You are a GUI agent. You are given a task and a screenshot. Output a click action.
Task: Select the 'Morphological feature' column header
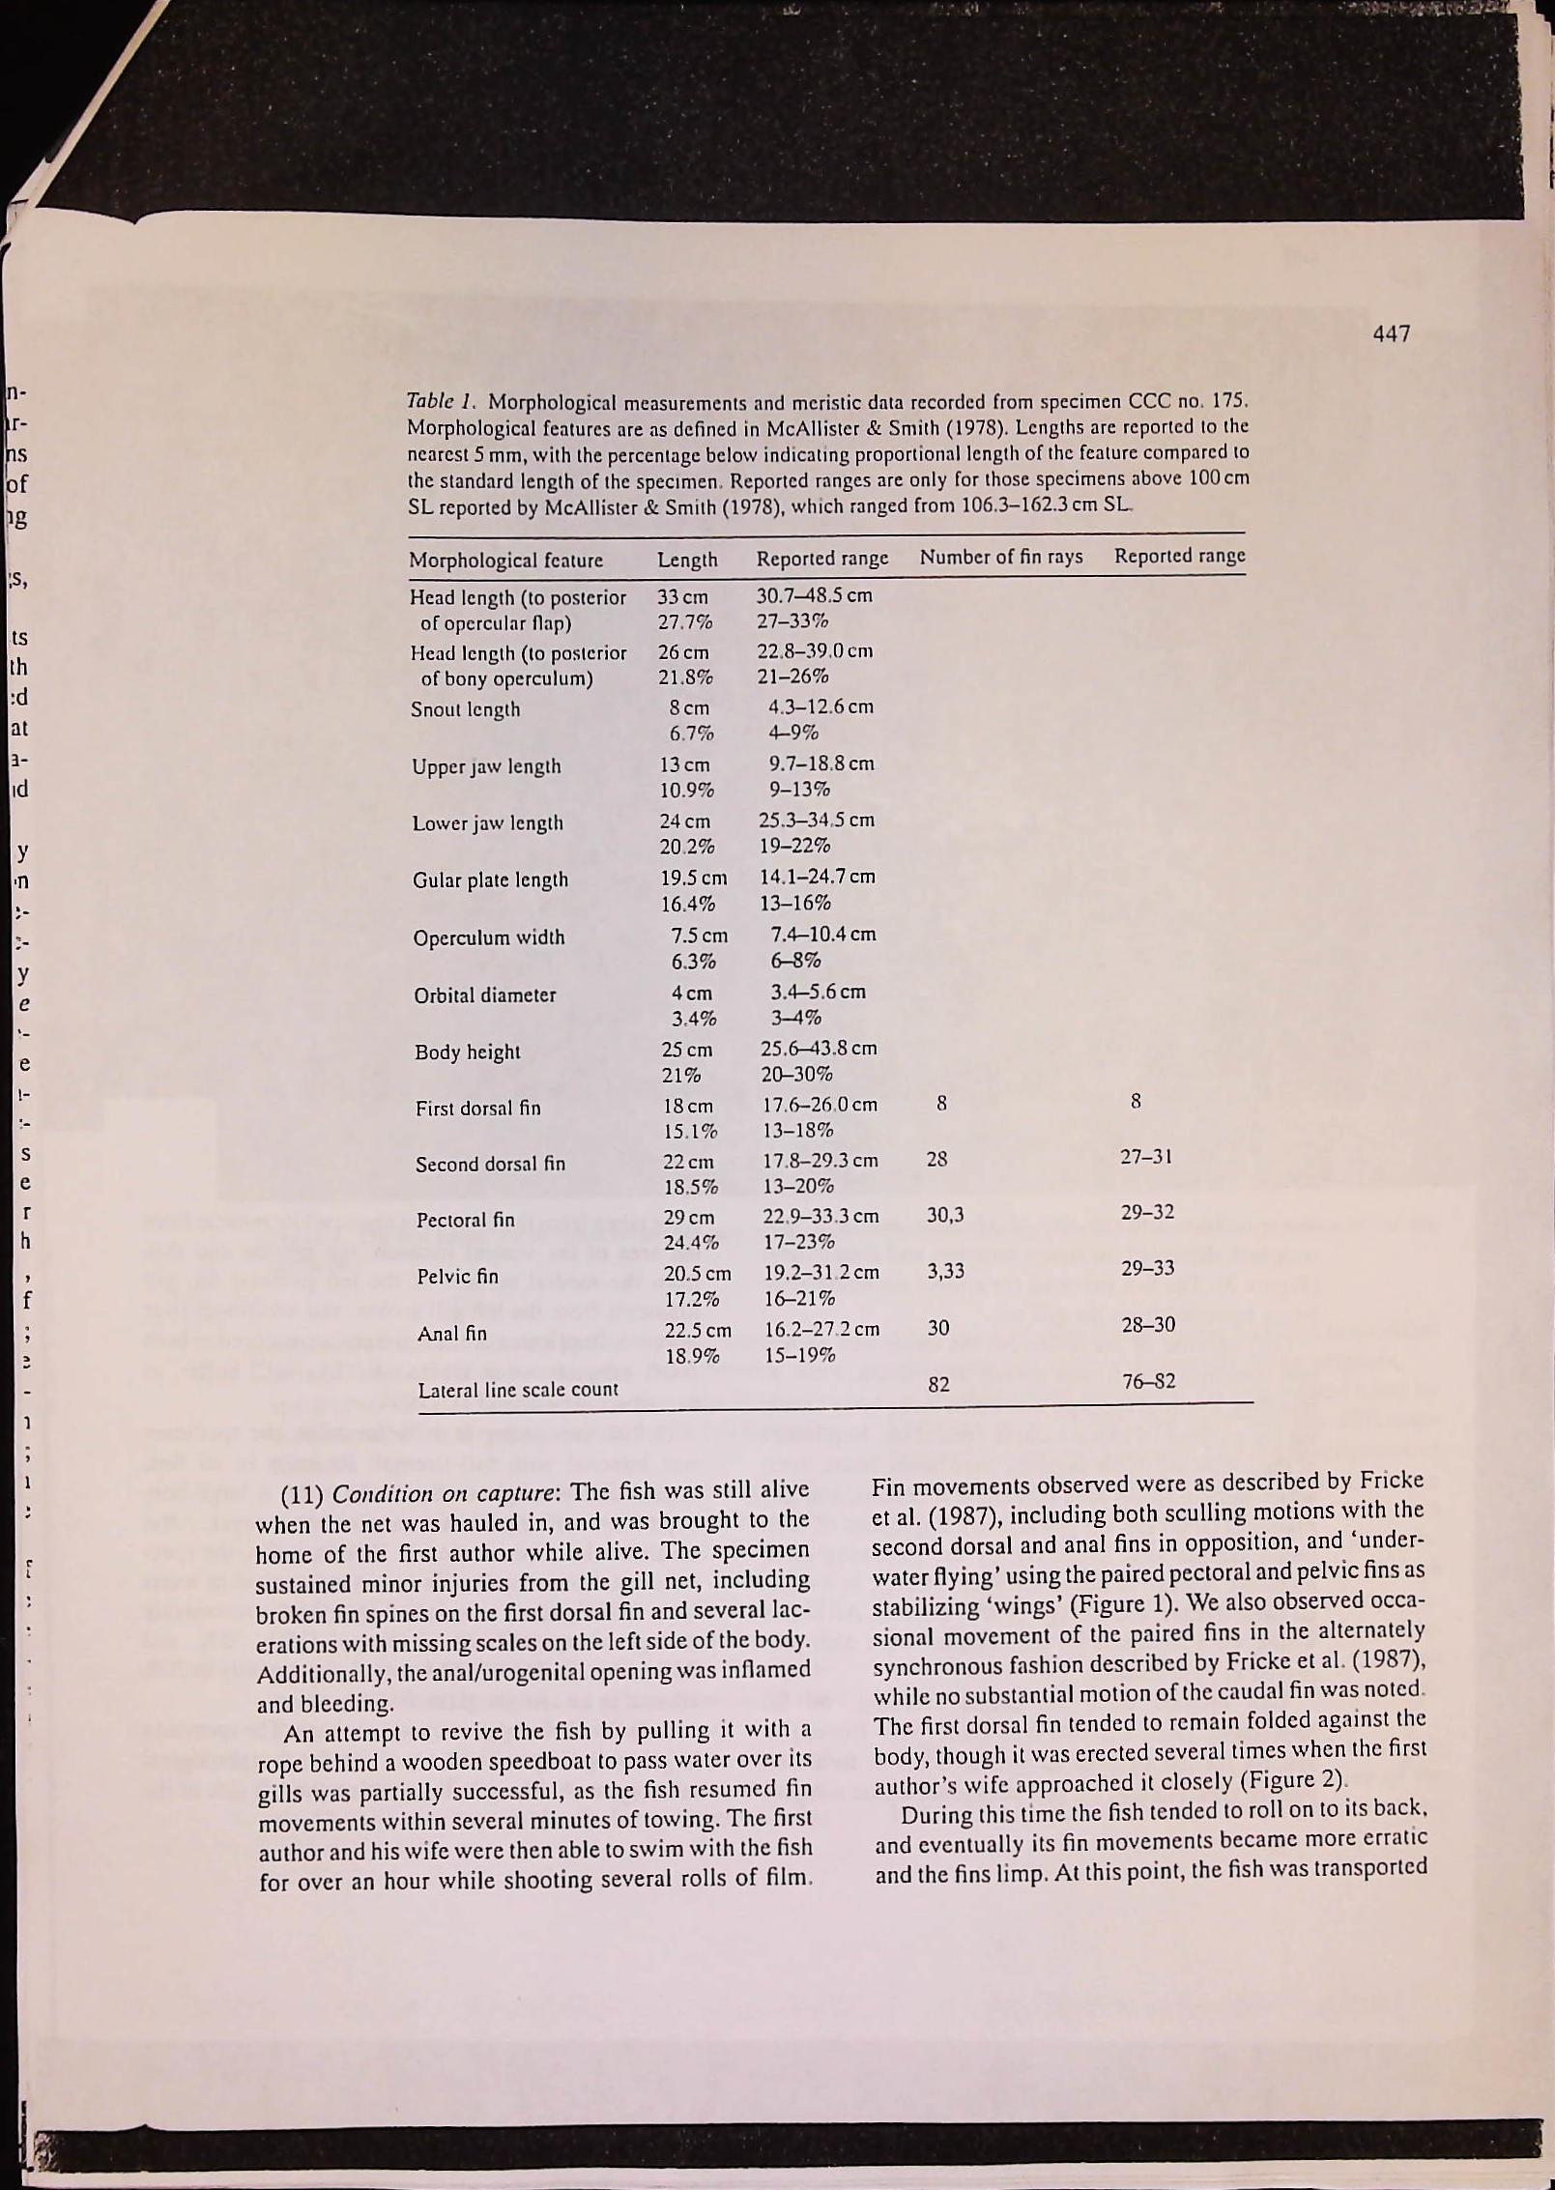tap(505, 561)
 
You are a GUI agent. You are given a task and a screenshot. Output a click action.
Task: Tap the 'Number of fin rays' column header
tap(1000, 558)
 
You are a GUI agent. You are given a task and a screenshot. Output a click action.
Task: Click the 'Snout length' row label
tap(465, 709)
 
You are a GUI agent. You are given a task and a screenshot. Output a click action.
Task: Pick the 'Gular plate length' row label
tap(490, 880)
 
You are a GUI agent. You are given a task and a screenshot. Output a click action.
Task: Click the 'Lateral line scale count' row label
tap(517, 1390)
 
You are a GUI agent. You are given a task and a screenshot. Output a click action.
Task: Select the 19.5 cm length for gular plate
tap(693, 879)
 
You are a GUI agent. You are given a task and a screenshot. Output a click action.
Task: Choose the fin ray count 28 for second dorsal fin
tap(936, 1159)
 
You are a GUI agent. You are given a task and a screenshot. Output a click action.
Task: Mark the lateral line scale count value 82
tap(938, 1385)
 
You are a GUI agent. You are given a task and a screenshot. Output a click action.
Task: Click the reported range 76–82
tap(1148, 1381)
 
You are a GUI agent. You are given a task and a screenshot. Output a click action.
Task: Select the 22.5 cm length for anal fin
tap(698, 1330)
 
